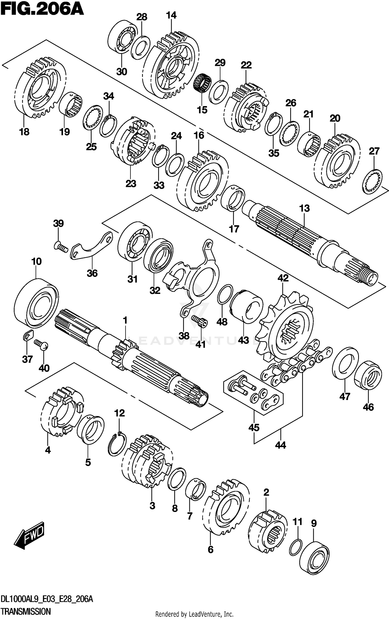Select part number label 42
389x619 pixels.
pos(283,278)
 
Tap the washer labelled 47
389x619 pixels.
pos(345,364)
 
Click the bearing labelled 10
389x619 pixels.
pos(36,303)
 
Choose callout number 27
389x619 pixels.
pos(374,151)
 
